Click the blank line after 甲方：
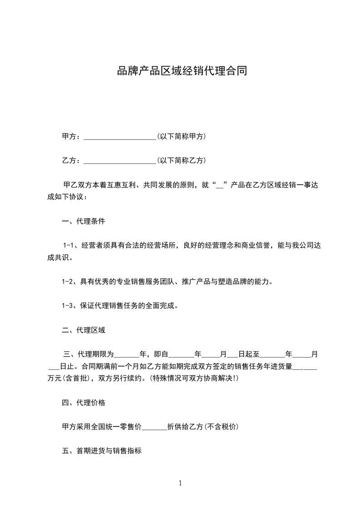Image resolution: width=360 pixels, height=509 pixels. (120, 136)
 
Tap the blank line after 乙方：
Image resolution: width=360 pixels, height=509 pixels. (120, 161)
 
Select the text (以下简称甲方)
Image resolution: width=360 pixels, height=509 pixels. (181, 136)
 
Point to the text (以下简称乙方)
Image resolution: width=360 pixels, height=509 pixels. (181, 161)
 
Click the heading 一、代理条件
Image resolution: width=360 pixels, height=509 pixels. (83, 222)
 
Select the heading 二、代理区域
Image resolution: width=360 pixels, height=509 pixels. (83, 330)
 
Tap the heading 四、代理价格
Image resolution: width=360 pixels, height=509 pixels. (83, 403)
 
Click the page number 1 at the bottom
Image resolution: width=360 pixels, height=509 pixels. (180, 483)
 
